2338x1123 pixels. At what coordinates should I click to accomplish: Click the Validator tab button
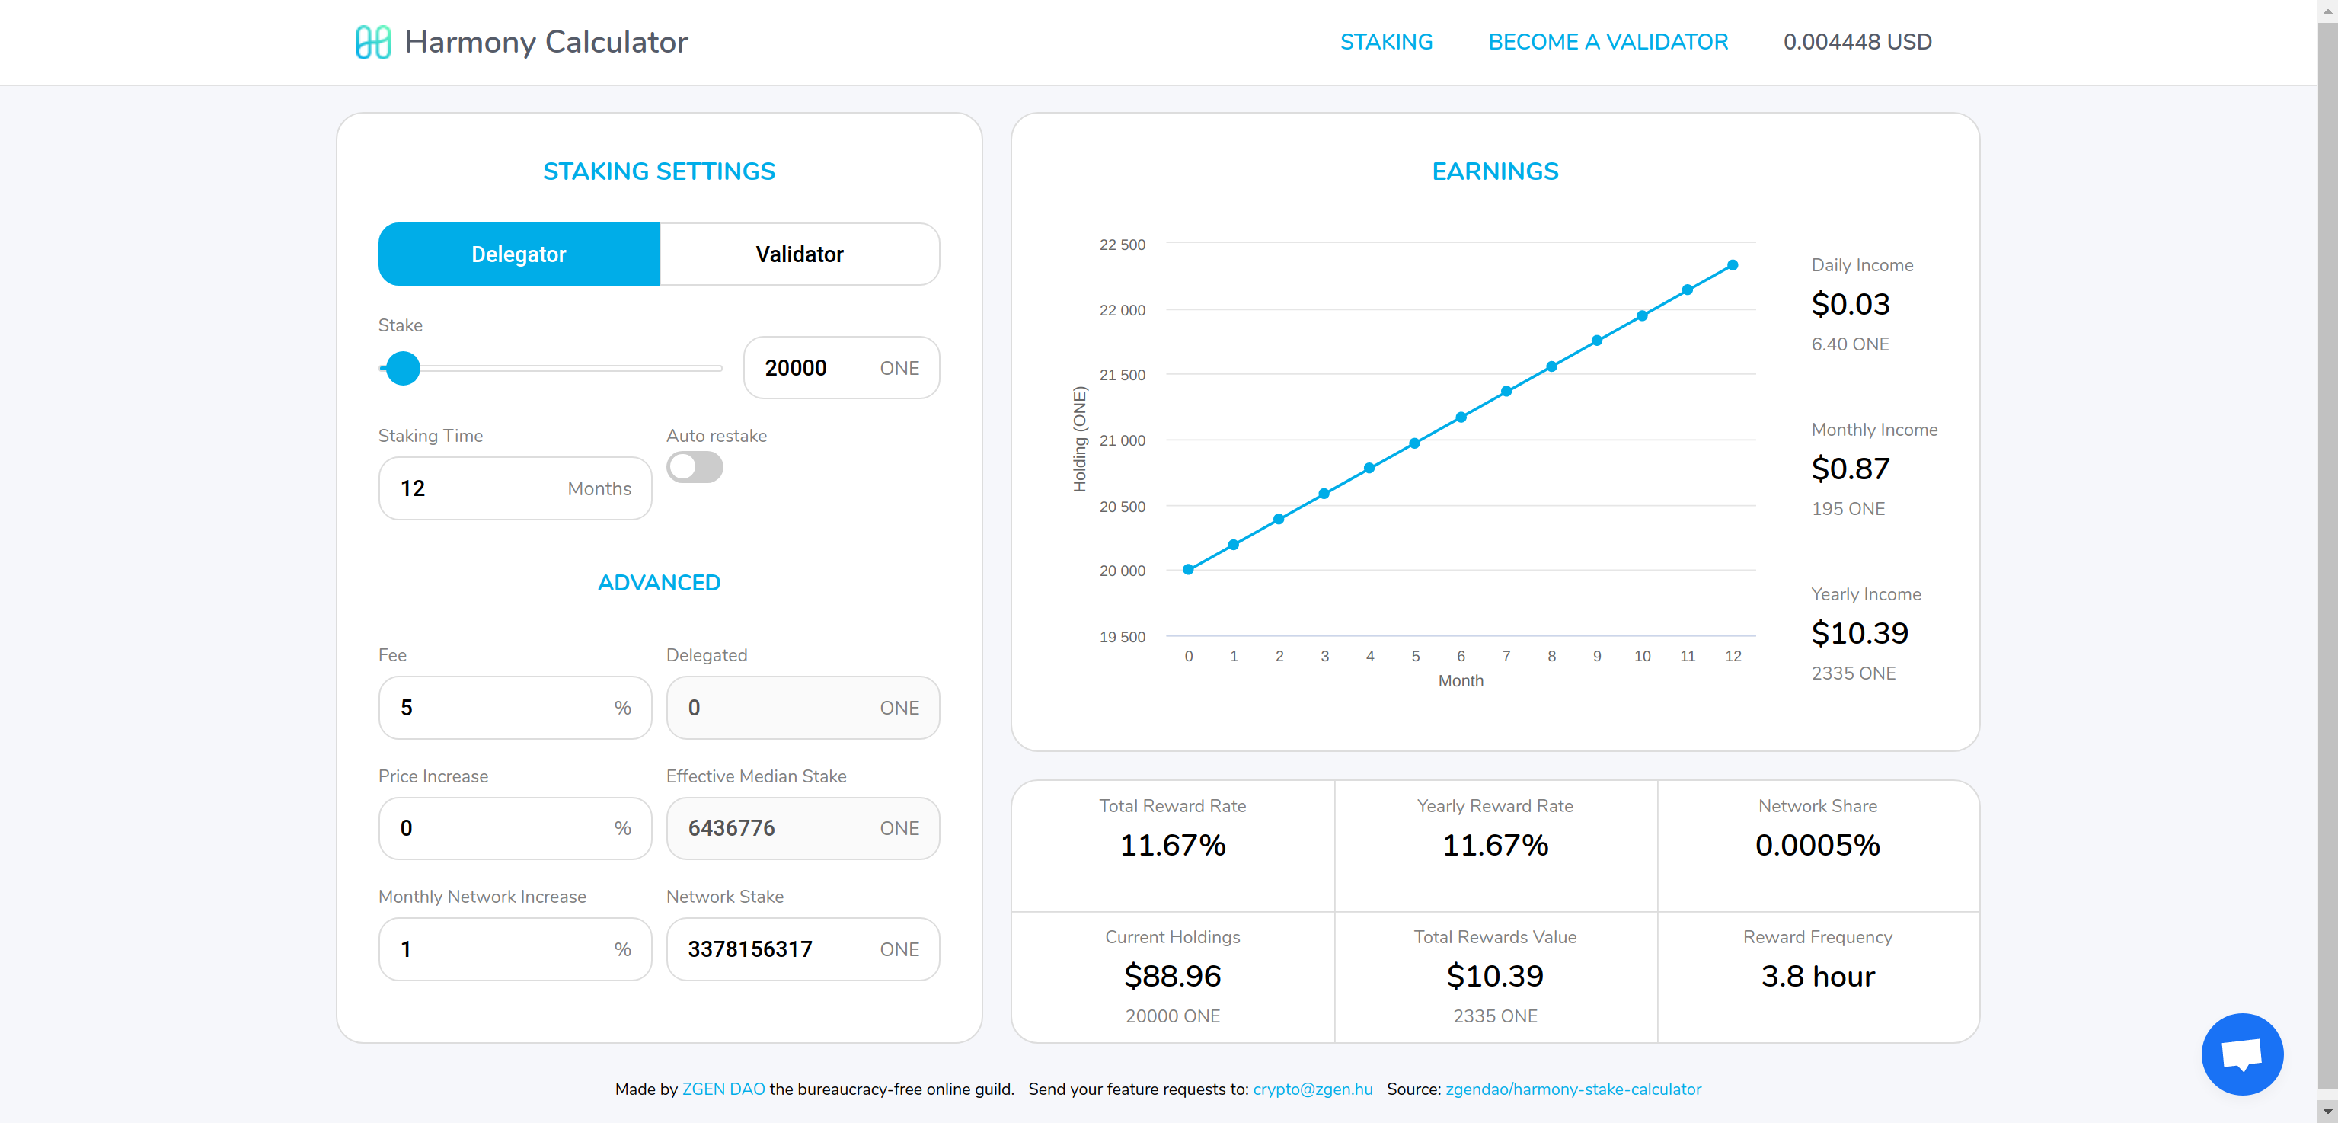click(799, 254)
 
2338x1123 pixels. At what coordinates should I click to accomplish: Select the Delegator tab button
click(519, 254)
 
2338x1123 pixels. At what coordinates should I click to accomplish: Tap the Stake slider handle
click(402, 368)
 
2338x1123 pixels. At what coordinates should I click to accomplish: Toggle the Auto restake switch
click(695, 468)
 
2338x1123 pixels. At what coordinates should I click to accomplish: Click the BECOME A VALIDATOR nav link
click(1608, 42)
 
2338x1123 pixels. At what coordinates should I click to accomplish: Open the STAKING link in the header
click(1386, 42)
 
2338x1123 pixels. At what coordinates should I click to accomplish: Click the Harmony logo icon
click(373, 42)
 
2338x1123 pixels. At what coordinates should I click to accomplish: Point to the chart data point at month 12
click(1733, 265)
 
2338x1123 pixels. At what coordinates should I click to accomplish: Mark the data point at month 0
click(1188, 569)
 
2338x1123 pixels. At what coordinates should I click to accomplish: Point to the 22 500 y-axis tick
click(1122, 245)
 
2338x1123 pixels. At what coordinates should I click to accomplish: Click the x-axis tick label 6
click(1461, 655)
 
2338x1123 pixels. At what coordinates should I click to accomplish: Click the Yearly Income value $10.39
click(1859, 633)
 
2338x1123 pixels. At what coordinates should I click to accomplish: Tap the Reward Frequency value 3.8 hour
click(1817, 976)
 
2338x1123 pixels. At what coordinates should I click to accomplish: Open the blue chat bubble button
click(2241, 1053)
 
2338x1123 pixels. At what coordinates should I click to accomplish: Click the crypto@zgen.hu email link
click(1312, 1089)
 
